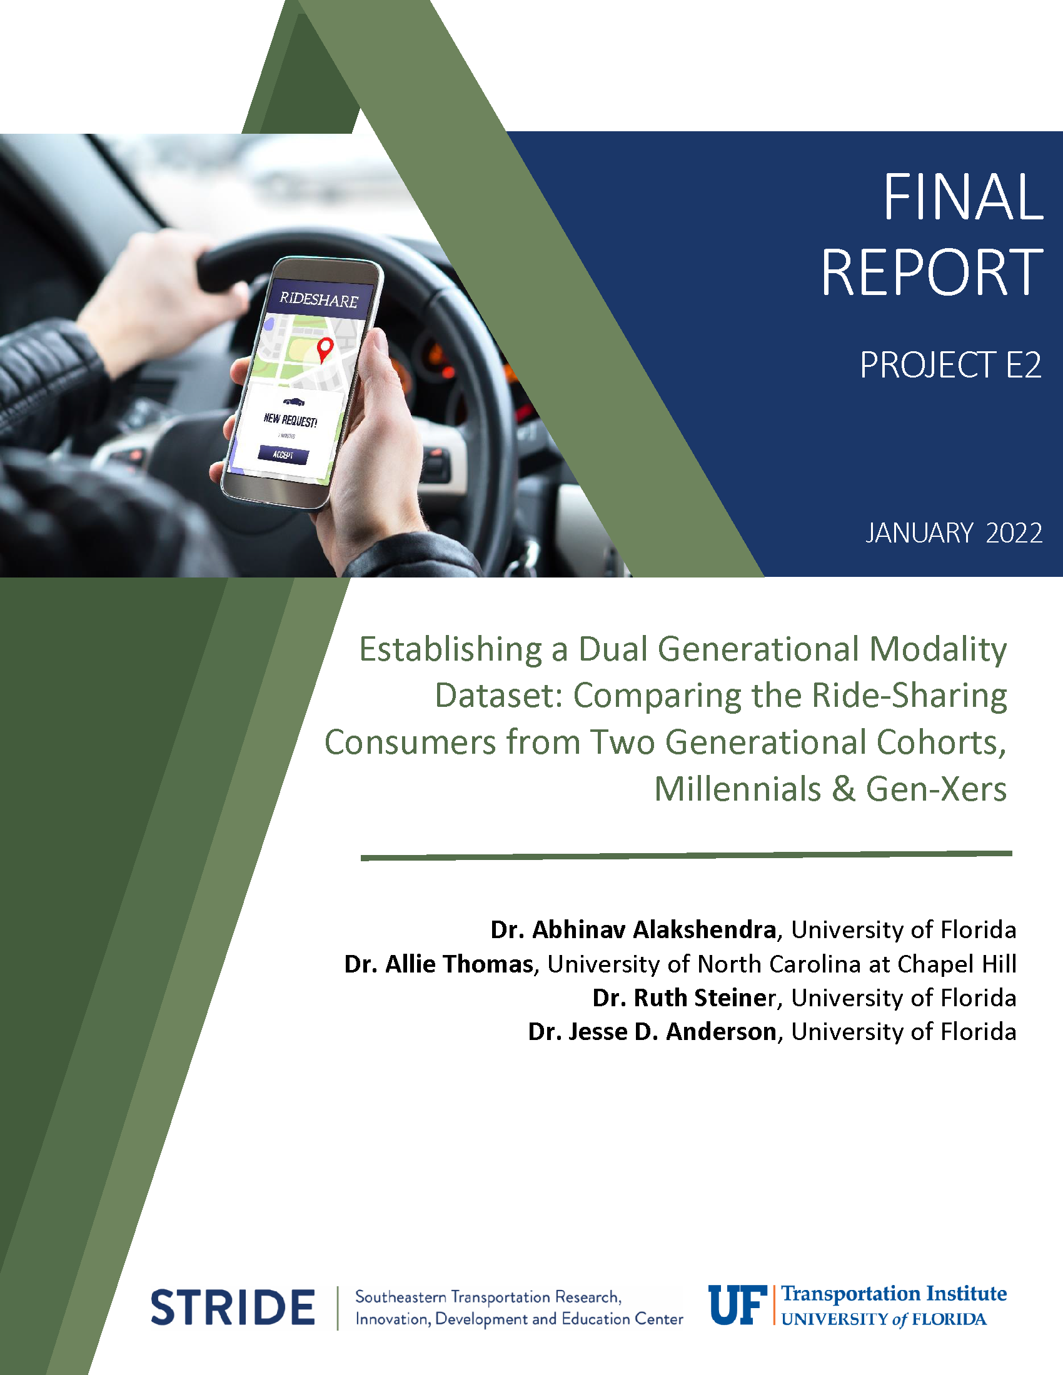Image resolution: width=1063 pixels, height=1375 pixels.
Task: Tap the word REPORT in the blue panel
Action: point(932,272)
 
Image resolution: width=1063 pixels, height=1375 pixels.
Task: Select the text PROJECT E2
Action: point(951,365)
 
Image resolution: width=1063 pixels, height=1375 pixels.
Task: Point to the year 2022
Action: point(1014,533)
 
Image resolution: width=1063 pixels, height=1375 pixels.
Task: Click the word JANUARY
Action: point(919,533)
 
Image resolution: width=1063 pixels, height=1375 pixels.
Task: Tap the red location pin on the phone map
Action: point(325,349)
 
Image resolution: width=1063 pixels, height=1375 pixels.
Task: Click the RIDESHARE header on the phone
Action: point(319,299)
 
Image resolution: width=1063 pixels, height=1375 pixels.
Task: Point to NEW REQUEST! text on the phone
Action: point(290,420)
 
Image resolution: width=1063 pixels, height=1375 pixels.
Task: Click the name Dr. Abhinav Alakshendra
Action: point(633,930)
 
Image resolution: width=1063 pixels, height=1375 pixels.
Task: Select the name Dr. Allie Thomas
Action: point(439,964)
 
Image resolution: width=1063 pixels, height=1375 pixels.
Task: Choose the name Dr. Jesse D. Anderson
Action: point(652,1032)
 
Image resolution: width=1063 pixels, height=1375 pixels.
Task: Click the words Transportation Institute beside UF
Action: point(894,1294)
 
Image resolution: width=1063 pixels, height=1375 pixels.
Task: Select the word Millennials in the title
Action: point(738,789)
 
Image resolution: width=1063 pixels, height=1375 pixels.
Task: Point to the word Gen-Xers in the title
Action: point(937,789)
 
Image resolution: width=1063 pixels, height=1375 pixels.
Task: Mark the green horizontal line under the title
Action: point(687,856)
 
